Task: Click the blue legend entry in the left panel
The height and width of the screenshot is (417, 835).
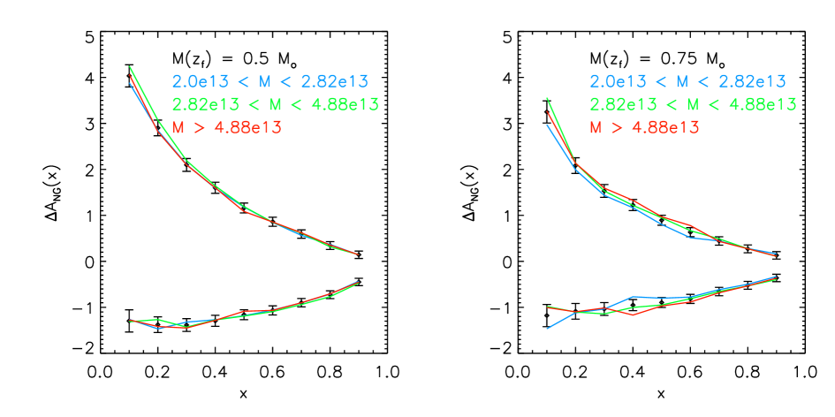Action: [269, 82]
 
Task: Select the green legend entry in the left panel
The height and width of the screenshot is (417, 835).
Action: [275, 105]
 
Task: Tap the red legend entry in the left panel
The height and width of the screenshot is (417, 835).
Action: [226, 127]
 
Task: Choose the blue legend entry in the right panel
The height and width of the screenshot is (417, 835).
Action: [687, 82]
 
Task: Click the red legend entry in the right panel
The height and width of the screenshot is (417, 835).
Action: [644, 127]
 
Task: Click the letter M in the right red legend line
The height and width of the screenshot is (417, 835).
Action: [596, 127]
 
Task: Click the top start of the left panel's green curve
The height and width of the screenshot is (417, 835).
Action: [130, 65]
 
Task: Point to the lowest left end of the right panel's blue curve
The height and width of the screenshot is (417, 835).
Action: [547, 329]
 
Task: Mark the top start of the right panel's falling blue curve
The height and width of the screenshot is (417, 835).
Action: [547, 124]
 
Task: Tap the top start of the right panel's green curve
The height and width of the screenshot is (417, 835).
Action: [547, 97]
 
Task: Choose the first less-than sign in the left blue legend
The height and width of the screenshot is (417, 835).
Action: [241, 82]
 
